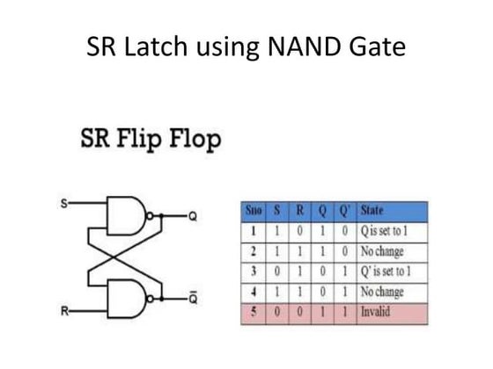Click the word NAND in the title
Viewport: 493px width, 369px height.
(309, 46)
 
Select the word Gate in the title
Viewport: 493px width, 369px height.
(379, 46)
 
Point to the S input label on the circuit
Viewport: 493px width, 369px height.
(63, 205)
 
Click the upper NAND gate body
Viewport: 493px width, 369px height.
(122, 213)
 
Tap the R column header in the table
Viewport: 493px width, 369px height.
(300, 211)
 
